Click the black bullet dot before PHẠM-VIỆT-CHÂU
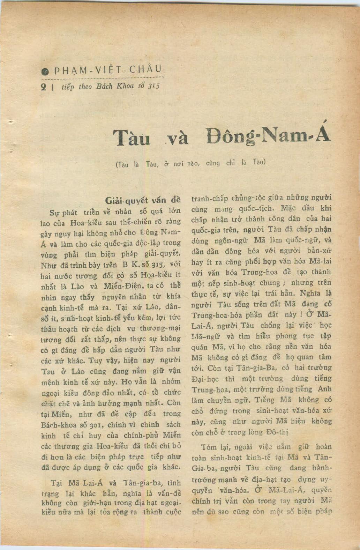click(44, 72)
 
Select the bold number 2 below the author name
click(44, 87)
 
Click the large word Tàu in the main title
click(132, 138)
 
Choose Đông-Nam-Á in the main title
click(268, 135)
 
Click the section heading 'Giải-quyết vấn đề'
click(143, 201)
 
